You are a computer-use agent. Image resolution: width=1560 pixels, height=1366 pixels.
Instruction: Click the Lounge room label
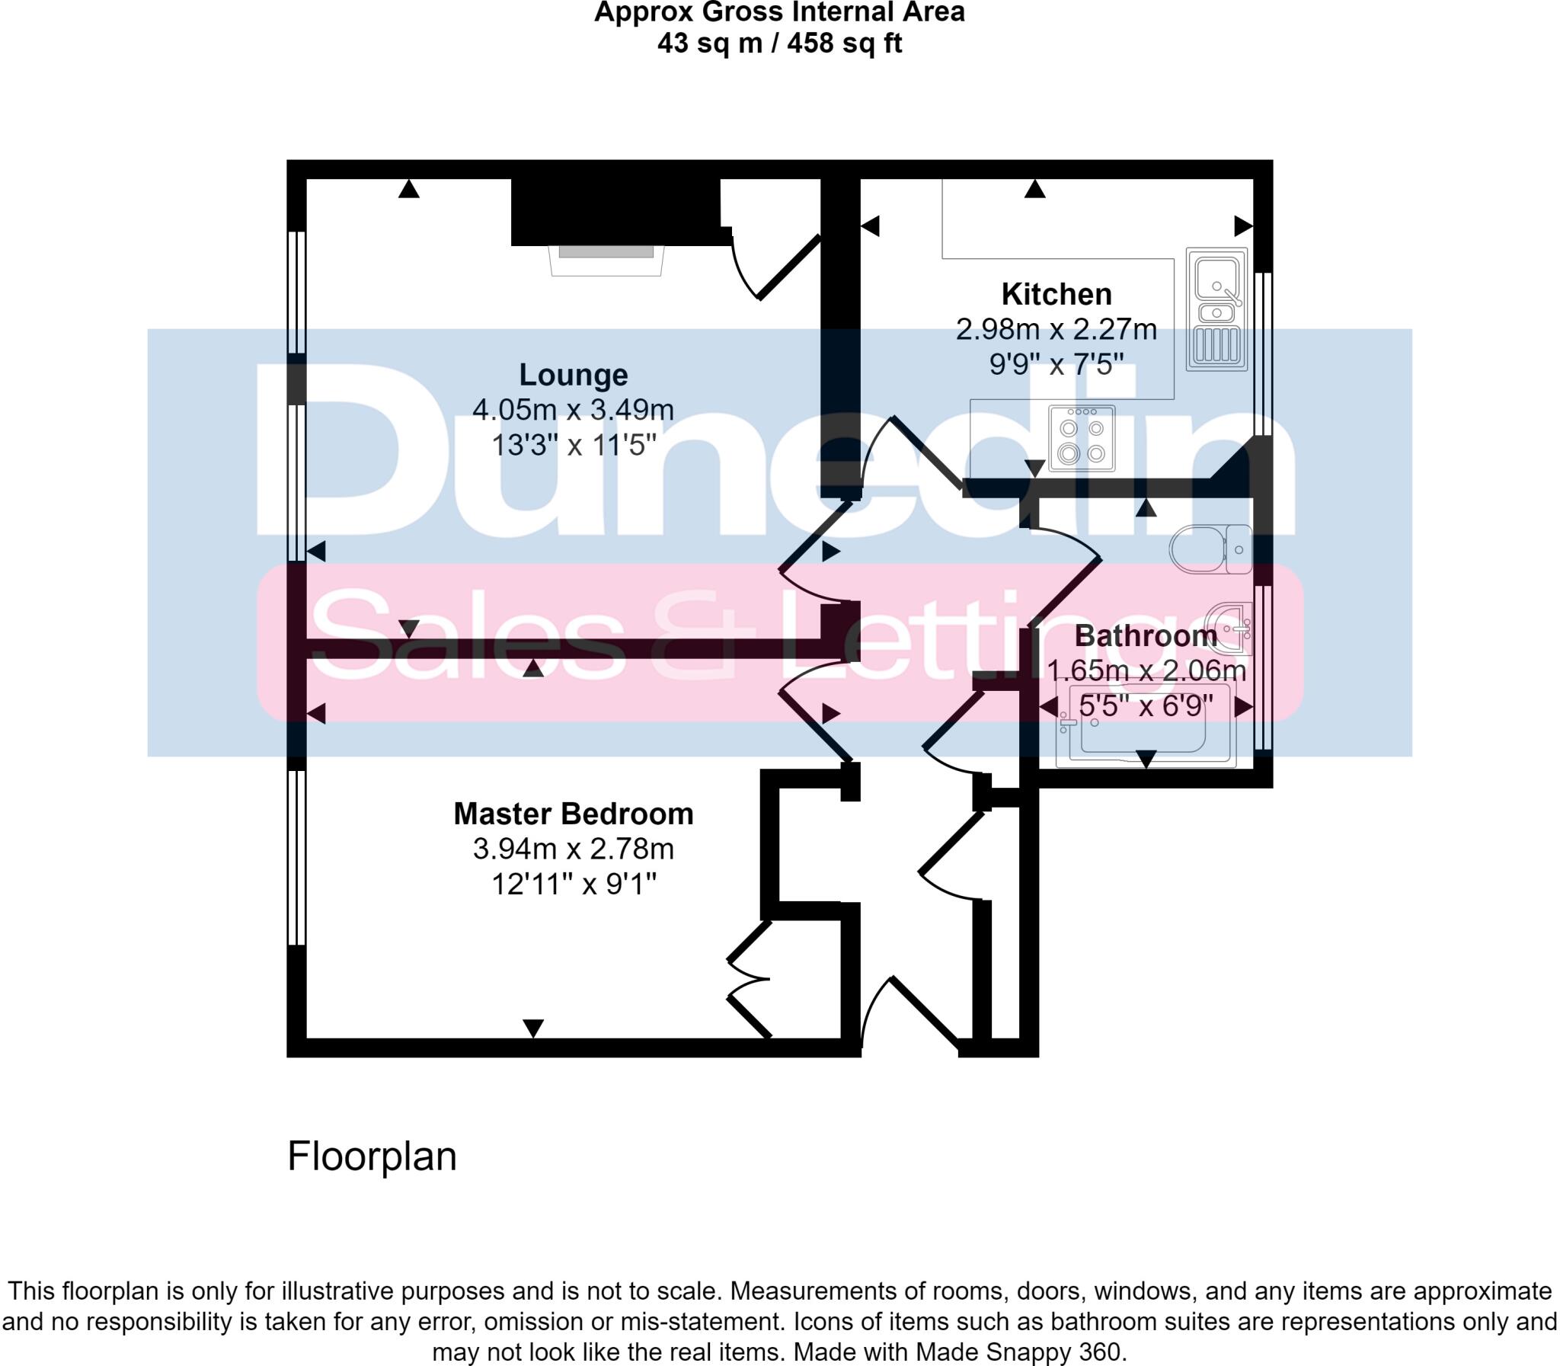point(573,375)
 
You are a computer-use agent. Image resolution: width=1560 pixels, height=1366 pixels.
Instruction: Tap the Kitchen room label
point(1057,294)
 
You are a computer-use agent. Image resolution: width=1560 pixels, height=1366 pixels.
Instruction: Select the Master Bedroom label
point(573,814)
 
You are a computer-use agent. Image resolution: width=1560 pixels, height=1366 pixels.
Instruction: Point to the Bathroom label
point(1146,635)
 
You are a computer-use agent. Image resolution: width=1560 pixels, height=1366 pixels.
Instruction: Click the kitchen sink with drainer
point(1216,309)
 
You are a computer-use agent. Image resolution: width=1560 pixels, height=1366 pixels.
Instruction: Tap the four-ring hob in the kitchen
point(1082,438)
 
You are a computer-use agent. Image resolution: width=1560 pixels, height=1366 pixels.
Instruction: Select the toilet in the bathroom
point(1210,549)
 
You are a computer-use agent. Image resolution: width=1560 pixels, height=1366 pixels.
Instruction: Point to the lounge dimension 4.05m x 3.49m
point(573,410)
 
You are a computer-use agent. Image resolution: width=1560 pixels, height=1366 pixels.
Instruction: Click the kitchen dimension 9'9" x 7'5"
point(1057,365)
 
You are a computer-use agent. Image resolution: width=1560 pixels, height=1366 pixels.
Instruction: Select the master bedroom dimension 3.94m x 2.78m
point(573,849)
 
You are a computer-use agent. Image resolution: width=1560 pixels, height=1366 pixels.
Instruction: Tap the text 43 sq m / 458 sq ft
point(778,43)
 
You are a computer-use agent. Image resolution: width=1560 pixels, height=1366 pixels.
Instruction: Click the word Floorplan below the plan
point(372,1156)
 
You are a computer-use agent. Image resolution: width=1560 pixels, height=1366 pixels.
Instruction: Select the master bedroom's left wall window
point(296,858)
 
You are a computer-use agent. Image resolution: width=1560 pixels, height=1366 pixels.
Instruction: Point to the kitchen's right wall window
point(1263,354)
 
